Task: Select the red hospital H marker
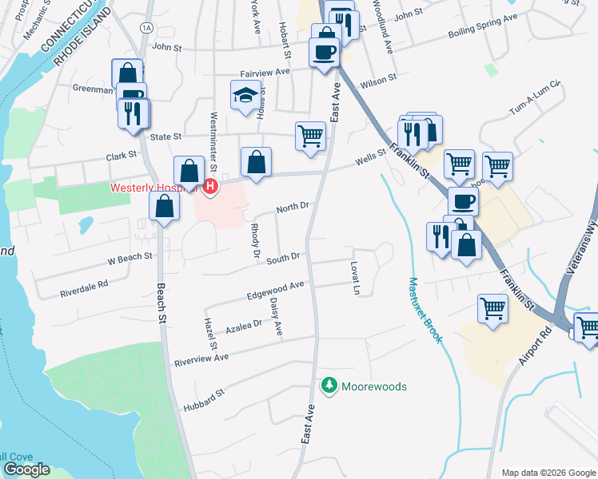click(x=210, y=187)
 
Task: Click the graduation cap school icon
click(x=245, y=97)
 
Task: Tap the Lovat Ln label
click(x=354, y=276)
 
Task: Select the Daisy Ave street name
click(x=276, y=316)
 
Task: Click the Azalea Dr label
click(x=244, y=326)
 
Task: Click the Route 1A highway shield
click(x=145, y=27)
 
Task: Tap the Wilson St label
click(x=378, y=81)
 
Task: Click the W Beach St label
click(x=130, y=258)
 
